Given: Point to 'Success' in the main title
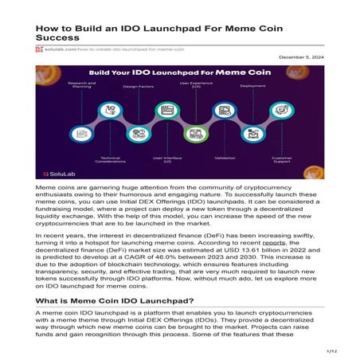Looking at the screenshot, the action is tap(57, 37).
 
